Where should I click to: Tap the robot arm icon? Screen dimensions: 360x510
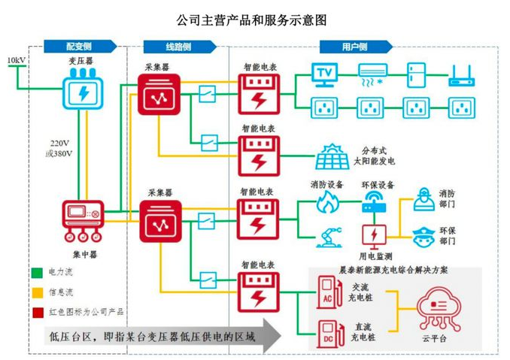[327, 234]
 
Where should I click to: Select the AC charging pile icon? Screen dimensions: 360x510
[327, 292]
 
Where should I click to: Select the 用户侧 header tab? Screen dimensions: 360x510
[354, 47]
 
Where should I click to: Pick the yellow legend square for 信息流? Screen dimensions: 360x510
[35, 291]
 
